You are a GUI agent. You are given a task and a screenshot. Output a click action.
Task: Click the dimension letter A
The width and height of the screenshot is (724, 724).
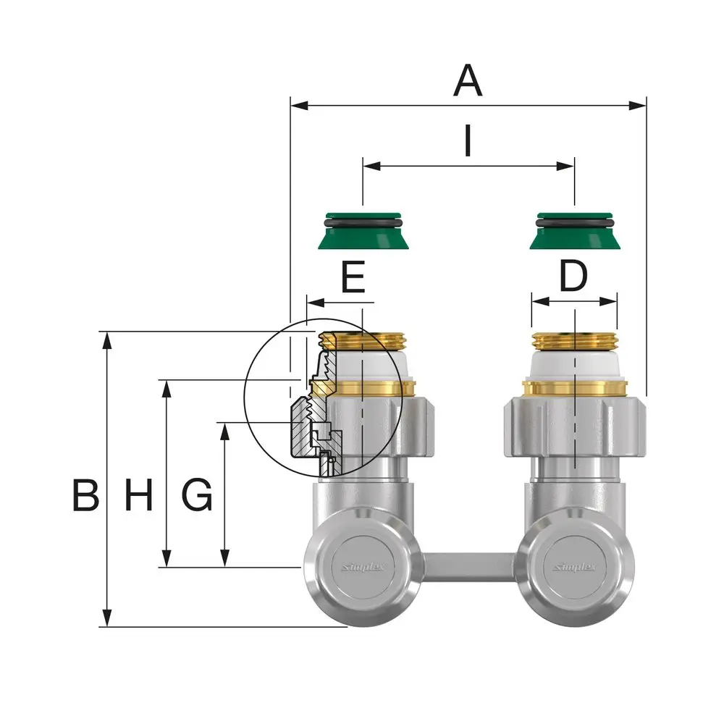(468, 80)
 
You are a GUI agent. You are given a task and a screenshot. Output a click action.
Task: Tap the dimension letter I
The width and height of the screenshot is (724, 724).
(468, 140)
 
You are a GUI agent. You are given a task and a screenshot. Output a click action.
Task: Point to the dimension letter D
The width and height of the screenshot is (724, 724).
(573, 276)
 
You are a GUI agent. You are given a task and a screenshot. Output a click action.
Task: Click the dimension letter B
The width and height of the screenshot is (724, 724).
(86, 494)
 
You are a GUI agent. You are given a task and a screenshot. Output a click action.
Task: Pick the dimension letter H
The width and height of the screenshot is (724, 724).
(138, 494)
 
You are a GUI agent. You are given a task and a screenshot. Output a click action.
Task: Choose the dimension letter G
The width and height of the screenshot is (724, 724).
(197, 494)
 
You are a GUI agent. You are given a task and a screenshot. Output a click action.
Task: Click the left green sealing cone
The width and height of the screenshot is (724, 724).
(363, 231)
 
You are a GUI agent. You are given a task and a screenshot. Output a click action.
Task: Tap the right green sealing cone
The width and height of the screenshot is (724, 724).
(574, 231)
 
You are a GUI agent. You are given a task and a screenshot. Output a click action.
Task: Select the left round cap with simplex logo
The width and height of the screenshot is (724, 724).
(363, 567)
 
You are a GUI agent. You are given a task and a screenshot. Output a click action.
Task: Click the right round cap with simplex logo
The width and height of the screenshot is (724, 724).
(575, 567)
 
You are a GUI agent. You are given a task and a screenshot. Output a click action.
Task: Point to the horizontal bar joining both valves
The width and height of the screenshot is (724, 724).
(468, 567)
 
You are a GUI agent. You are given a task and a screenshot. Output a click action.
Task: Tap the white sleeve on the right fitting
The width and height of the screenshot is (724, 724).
(574, 365)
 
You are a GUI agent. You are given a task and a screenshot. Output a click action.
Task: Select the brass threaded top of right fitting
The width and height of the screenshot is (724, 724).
(574, 341)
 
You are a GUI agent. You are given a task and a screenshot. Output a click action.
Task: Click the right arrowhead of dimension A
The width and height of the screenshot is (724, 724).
(638, 106)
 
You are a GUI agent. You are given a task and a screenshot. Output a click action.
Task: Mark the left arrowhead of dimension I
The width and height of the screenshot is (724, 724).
(371, 166)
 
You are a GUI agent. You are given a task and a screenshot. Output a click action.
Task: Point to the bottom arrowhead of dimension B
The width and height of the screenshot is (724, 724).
(106, 618)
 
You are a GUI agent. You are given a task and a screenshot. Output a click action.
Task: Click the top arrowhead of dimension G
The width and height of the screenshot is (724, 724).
(225, 431)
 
